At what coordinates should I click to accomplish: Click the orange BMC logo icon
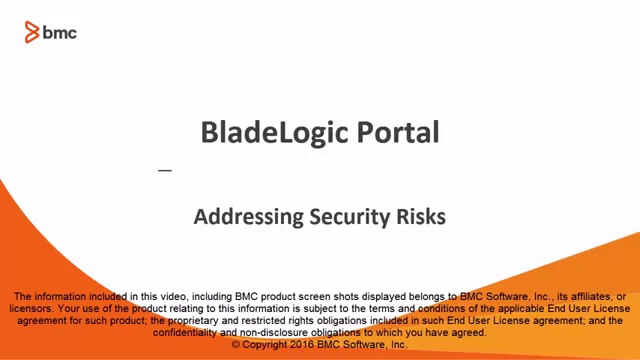pyautogui.click(x=32, y=32)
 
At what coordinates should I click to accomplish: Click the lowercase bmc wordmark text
pyautogui.click(x=60, y=33)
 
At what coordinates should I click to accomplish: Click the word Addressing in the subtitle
pyautogui.click(x=248, y=217)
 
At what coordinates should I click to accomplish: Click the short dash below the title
pyautogui.click(x=164, y=170)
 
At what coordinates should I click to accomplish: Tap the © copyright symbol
pyautogui.click(x=236, y=345)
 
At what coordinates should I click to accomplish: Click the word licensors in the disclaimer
pyautogui.click(x=29, y=308)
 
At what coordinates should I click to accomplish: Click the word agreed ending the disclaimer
pyautogui.click(x=472, y=332)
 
